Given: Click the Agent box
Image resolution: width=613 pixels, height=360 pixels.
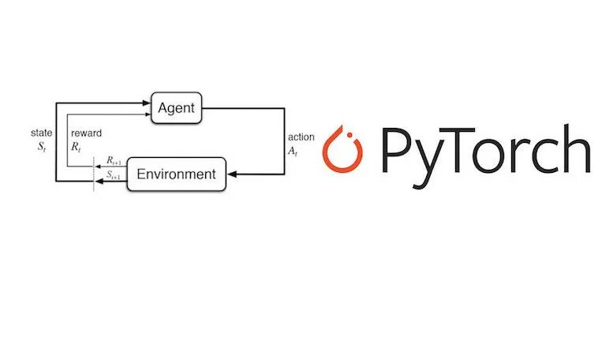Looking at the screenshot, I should click(176, 107).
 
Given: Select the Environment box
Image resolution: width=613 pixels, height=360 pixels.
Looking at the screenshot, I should click(176, 174).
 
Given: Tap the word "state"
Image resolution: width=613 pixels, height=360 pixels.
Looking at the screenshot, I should click(41, 133).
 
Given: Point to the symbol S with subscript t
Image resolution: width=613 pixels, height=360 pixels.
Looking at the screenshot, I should click(43, 148).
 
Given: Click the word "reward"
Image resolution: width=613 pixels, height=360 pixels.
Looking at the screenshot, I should click(86, 133).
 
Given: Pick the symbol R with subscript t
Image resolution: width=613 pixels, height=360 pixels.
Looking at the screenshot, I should click(76, 147).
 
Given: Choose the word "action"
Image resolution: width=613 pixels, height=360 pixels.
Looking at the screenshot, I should click(301, 137).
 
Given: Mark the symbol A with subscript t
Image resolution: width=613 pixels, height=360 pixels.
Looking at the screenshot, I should click(295, 151).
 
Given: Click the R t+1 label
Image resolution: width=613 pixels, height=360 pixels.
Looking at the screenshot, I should click(113, 160).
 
